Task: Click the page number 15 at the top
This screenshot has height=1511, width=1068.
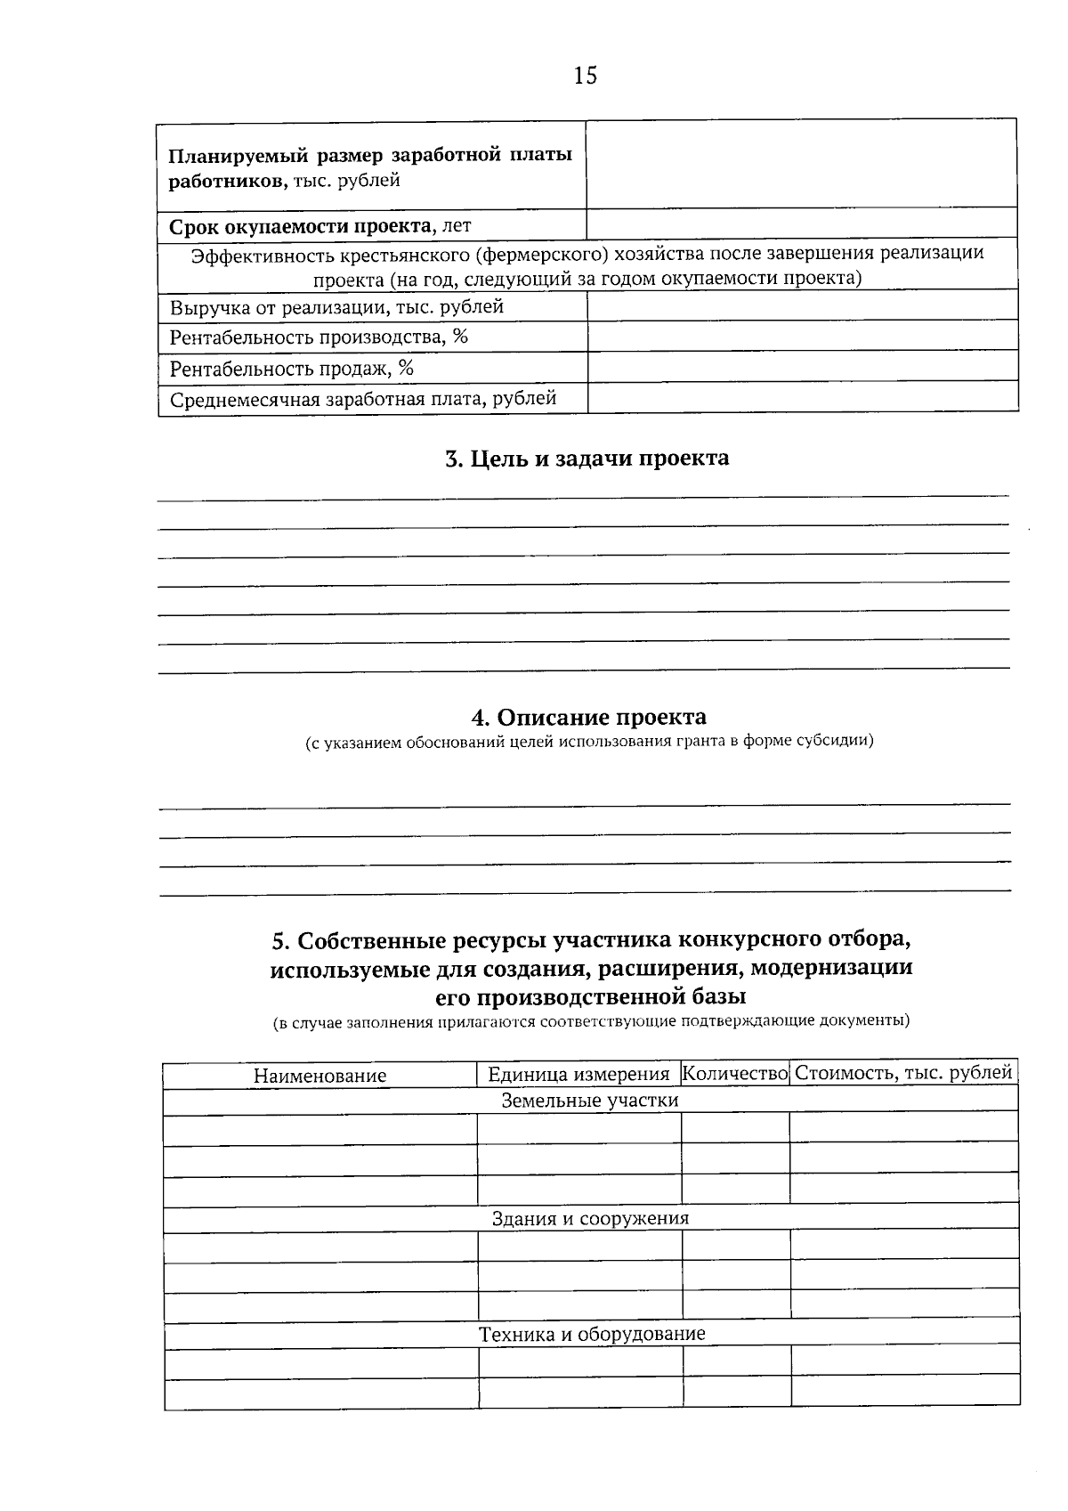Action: coord(586,76)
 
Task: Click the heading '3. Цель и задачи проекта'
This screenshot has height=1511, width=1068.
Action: coord(587,459)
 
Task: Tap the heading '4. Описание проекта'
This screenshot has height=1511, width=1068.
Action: coord(588,718)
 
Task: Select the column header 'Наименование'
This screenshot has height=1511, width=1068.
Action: coord(320,1076)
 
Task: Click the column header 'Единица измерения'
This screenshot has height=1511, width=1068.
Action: coord(578,1075)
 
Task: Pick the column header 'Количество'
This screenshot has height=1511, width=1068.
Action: coord(735,1074)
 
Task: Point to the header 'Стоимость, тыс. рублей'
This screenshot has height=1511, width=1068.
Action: coord(902,1073)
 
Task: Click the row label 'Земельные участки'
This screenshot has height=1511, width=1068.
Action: coord(589,1101)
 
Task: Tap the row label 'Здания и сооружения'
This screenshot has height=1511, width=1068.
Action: coord(590,1218)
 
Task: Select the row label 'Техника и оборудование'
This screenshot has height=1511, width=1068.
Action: coord(592,1334)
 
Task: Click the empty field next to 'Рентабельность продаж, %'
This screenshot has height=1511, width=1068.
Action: coord(802,367)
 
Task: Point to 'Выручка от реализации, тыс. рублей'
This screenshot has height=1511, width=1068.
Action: coord(336,308)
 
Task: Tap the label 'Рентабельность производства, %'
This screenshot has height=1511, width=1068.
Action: coord(319,337)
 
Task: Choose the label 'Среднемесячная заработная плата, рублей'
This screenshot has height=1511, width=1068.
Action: coord(363,399)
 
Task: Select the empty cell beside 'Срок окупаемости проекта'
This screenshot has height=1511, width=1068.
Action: coord(801,223)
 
